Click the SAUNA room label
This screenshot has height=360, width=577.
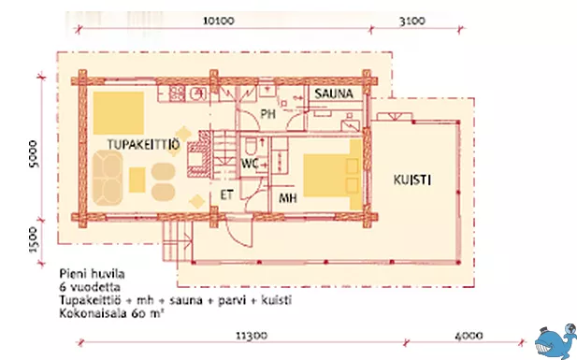pos(334,94)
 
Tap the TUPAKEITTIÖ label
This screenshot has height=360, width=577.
pos(143,145)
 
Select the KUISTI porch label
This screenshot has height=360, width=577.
pos(412,180)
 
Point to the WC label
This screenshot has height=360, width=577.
pos(250,164)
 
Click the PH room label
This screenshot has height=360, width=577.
pos(267,114)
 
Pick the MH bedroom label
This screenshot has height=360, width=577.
pos(288,198)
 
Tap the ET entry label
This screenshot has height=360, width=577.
pos(226,194)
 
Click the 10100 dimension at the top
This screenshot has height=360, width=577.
pos(219,21)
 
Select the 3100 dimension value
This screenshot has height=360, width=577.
pos(412,21)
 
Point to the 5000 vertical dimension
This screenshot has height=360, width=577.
pos(34,154)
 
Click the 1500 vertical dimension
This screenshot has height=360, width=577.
pos(33,240)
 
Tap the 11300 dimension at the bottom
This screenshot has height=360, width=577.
pos(252,336)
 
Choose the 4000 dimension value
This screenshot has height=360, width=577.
pos(469,336)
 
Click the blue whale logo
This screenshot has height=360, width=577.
pos(555,341)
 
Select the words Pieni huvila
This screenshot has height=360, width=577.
pos(92,274)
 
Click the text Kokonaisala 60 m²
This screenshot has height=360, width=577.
pos(111,313)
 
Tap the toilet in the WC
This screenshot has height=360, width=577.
pos(252,147)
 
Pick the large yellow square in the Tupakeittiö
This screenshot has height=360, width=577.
pos(118,113)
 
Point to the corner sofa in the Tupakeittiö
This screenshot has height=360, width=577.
pos(108,178)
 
